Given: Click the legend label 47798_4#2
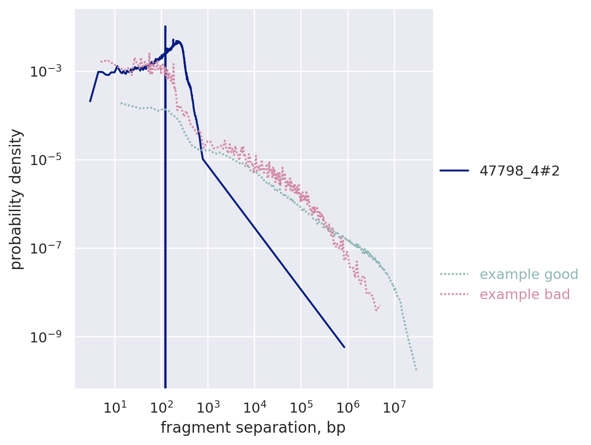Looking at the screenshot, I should click(x=519, y=171).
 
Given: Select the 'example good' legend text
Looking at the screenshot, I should click(x=528, y=274).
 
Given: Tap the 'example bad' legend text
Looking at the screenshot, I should click(x=524, y=295).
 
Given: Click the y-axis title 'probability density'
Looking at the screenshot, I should click(x=16, y=199).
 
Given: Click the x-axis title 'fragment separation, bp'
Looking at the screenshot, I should click(x=253, y=428).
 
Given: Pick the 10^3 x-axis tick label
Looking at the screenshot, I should click(x=208, y=407).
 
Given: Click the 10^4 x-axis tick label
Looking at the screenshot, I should click(x=255, y=407).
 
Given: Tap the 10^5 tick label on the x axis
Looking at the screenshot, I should click(x=301, y=407).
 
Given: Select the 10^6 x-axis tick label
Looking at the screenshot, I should click(x=348, y=407).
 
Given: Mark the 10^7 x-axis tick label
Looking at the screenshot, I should click(x=394, y=407).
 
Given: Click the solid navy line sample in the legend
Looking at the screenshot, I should click(x=454, y=171).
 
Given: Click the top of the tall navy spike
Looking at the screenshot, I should click(x=165, y=26).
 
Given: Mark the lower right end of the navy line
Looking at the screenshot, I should click(x=344, y=347).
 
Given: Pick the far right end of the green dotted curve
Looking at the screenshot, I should click(x=416, y=369).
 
